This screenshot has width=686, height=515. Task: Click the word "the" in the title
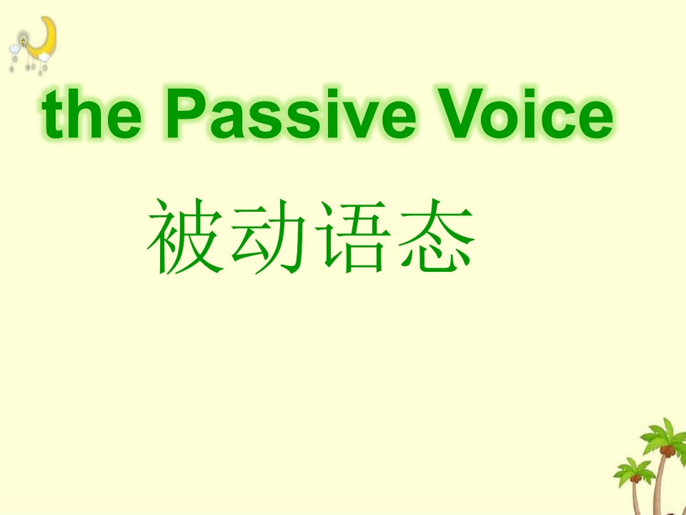tap(91, 114)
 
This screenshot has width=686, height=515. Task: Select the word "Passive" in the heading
tap(291, 113)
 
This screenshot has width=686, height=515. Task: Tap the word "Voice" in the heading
tap(525, 113)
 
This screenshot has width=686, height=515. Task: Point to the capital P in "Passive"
tap(186, 113)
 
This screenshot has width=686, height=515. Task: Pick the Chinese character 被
tap(185, 236)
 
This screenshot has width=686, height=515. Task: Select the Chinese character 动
tap(268, 236)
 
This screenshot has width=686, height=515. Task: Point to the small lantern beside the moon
tap(23, 41)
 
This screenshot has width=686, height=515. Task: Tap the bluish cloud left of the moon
tap(15, 49)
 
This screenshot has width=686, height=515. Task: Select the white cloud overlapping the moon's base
tap(44, 57)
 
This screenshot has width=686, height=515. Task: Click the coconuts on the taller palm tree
tap(667, 451)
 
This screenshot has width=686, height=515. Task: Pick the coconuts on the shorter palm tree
tap(635, 479)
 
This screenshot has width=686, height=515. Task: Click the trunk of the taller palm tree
tap(659, 486)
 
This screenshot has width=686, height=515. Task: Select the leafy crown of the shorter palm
tap(635, 471)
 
